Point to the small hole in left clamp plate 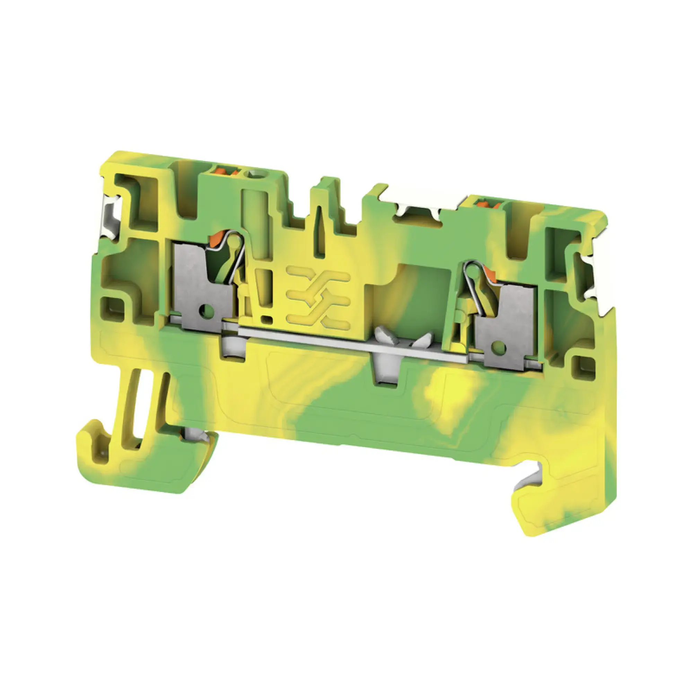tap(207, 307)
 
